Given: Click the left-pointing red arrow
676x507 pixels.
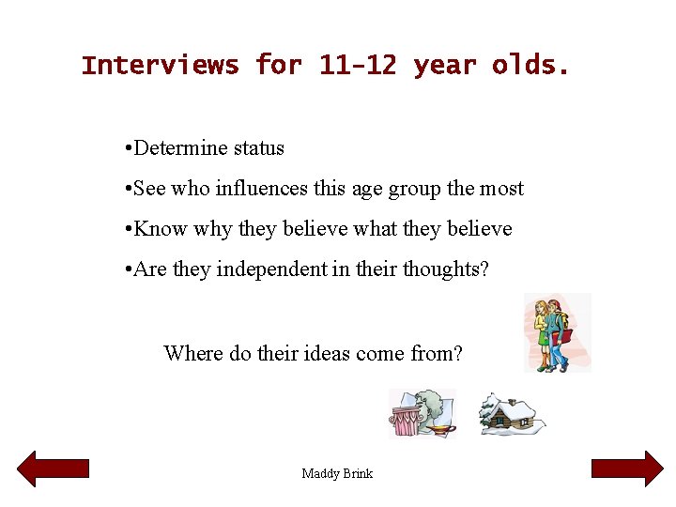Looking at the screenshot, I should (54, 469).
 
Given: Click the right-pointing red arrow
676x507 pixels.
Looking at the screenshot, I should (627, 469).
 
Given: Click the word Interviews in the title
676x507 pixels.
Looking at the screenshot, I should (160, 66).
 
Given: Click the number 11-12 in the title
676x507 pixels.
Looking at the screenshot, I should (357, 66).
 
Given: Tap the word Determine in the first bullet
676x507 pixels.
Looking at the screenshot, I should (178, 148).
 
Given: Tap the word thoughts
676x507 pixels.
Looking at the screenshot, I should (445, 269).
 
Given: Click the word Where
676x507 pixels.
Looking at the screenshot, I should (193, 354).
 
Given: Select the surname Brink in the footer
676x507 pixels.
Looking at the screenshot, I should (358, 473).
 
